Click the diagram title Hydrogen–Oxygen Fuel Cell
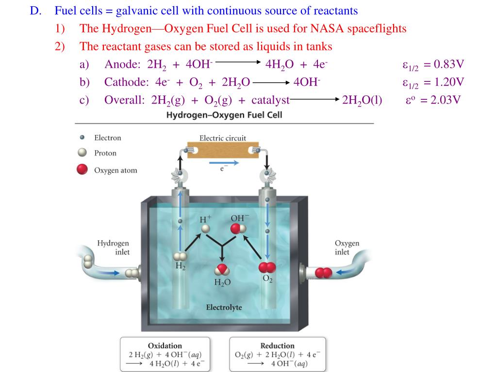coord(224,115)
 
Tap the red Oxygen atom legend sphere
coord(83,170)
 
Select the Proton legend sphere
coord(83,153)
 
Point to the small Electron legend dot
coord(83,138)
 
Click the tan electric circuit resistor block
coord(223,150)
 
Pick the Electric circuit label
coord(223,138)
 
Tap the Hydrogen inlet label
coord(113,247)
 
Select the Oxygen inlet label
coord(347,247)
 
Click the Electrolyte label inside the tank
coord(224,307)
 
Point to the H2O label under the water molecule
coord(222,282)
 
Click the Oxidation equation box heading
coord(165,345)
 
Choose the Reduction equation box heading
coord(277,345)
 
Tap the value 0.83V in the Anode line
coord(449,64)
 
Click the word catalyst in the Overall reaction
coord(268,100)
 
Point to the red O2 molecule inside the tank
coord(267,267)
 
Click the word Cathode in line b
coord(124,82)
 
